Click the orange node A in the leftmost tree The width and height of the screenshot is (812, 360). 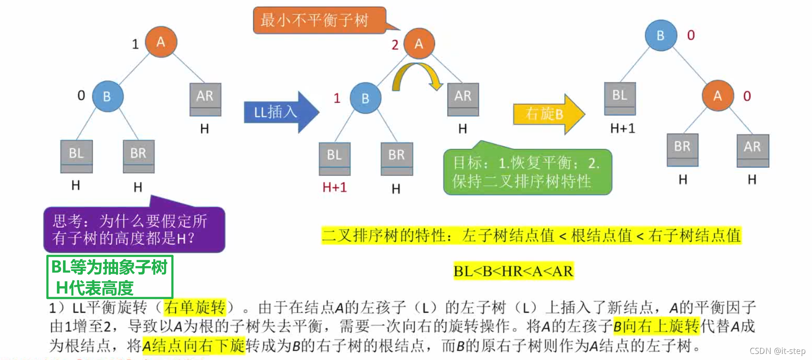(161, 42)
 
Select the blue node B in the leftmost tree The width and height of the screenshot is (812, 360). (108, 96)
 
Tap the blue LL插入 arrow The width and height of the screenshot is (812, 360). (280, 112)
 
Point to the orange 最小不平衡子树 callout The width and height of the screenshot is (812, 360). (319, 20)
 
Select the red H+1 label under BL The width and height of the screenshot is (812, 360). (335, 187)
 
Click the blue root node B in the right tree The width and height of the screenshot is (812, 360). (661, 36)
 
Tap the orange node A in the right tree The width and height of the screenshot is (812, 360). (717, 96)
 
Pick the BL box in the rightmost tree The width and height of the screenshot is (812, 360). (620, 98)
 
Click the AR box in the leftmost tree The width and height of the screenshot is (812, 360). (205, 99)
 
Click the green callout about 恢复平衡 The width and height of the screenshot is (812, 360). (527, 172)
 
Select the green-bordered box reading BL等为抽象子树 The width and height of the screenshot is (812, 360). (110, 277)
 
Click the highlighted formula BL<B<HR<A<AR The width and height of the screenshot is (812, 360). (513, 271)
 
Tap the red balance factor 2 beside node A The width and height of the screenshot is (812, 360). (395, 45)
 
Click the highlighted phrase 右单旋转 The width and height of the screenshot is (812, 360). (195, 307)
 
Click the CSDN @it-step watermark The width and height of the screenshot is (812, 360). (777, 351)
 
